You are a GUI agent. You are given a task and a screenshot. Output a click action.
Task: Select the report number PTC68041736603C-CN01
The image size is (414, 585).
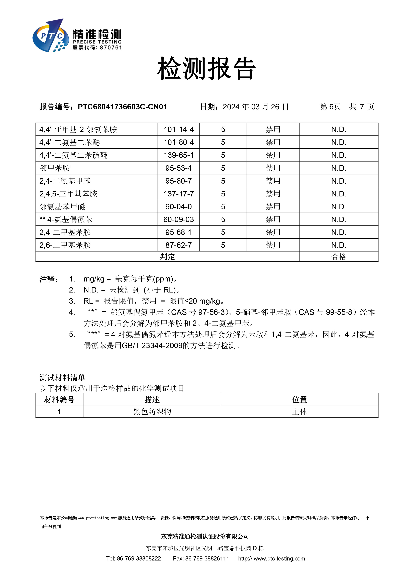click(x=122, y=107)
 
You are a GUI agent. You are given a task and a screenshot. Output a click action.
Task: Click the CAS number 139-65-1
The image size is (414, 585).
click(x=179, y=155)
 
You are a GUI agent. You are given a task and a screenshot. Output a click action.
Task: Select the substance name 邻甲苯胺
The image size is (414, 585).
click(x=55, y=168)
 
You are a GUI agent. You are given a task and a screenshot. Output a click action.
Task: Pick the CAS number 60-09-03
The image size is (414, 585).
click(x=179, y=219)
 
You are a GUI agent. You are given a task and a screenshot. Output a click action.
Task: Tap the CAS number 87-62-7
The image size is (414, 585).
click(x=179, y=245)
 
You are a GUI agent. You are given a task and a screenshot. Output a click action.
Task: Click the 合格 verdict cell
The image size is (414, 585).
click(x=339, y=257)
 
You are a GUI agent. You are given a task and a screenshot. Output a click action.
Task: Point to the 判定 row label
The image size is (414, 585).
click(x=167, y=257)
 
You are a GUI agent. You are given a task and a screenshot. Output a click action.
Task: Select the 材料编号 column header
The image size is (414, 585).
click(x=59, y=400)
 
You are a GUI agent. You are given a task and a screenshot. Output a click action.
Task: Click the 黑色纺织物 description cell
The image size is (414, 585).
click(x=152, y=412)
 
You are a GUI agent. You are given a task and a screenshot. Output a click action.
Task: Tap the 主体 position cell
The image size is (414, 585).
click(x=299, y=412)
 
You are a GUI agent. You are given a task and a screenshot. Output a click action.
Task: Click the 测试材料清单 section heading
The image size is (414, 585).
click(x=62, y=377)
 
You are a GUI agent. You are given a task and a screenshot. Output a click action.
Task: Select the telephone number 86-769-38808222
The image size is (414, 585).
click(x=139, y=558)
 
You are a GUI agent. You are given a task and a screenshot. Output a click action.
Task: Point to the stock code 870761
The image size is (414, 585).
click(x=111, y=48)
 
